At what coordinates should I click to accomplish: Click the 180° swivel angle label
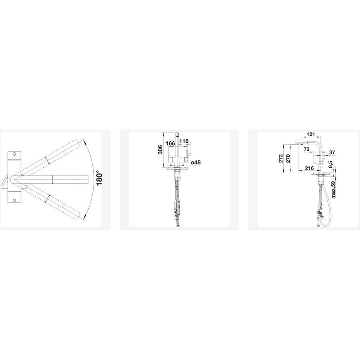click(x=99, y=178)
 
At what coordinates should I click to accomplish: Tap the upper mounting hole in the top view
click(x=14, y=154)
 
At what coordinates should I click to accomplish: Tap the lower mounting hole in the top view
click(x=14, y=200)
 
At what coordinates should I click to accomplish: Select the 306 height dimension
click(x=160, y=150)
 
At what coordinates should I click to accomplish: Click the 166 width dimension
click(x=170, y=143)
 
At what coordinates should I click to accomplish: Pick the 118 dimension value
click(x=184, y=141)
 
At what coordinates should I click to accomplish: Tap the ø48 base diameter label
click(x=196, y=162)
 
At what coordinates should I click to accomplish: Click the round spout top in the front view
click(x=177, y=134)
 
